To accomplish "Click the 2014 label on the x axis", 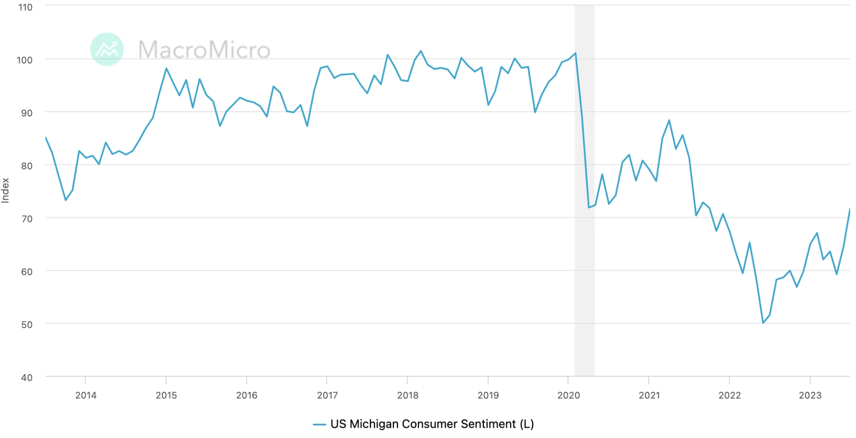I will click(x=86, y=395).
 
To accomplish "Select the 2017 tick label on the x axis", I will click(x=327, y=395).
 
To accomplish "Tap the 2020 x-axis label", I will click(x=568, y=395).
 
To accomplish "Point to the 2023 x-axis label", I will click(x=810, y=395).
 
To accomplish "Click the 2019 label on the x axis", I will click(x=488, y=395).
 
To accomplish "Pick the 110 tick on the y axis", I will click(x=25, y=7).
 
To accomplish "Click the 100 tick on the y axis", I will click(x=25, y=60).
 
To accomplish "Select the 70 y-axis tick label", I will click(x=27, y=219).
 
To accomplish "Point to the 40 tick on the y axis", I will click(x=27, y=378).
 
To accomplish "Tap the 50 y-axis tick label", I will click(x=27, y=325).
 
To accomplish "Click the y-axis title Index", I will click(x=6, y=190).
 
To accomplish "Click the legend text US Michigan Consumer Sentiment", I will click(x=432, y=424).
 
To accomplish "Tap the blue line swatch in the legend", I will click(x=319, y=424).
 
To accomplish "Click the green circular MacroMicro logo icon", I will click(x=107, y=49).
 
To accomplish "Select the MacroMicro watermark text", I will click(x=204, y=50).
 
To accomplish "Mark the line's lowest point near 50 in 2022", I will click(x=763, y=323).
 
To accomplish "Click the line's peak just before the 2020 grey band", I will click(x=576, y=53).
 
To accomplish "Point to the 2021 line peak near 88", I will click(x=669, y=121).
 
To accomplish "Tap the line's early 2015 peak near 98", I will click(x=166, y=68).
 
